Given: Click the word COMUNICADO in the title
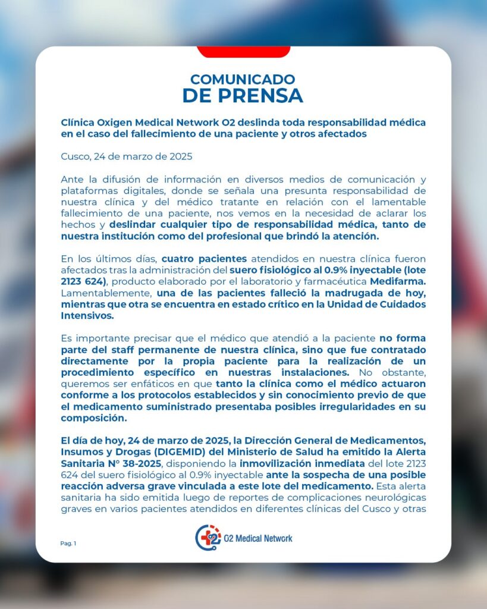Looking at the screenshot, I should pos(243,79).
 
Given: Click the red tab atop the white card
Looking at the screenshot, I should pos(243,52).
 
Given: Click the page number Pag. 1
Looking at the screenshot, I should pos(68,543).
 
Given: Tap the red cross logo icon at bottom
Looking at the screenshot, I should pos(208,538).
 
